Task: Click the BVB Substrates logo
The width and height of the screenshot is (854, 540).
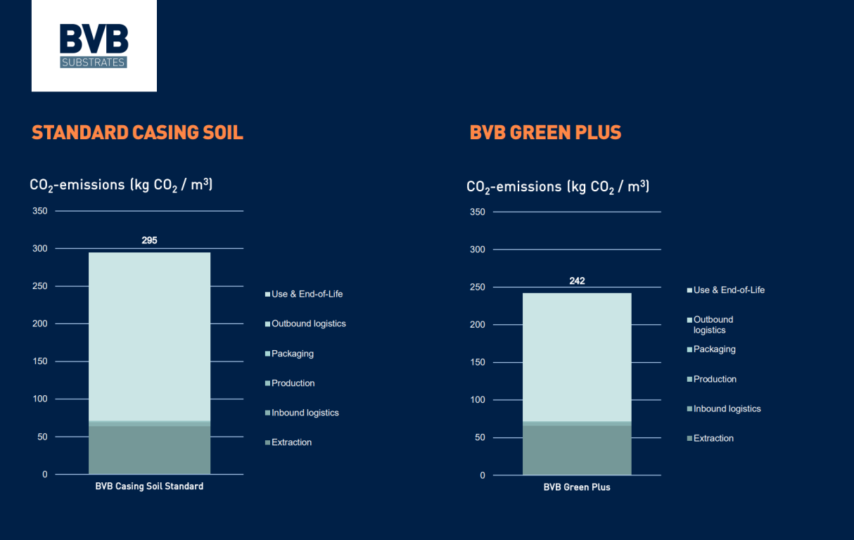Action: (x=94, y=46)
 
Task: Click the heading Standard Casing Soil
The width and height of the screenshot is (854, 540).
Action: (x=137, y=132)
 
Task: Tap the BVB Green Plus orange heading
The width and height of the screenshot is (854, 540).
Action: (x=545, y=132)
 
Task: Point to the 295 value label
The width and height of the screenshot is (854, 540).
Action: (x=149, y=240)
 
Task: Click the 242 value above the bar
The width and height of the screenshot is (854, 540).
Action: (x=577, y=281)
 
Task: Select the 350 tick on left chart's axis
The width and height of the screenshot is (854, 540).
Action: (x=40, y=211)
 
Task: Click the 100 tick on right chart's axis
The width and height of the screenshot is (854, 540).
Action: (x=478, y=400)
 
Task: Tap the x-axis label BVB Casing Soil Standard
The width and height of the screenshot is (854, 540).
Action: (x=149, y=487)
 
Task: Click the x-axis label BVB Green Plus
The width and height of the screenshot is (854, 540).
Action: (x=577, y=487)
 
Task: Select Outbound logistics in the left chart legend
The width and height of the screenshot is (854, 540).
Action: (x=308, y=323)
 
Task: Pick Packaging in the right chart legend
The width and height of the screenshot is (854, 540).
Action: (x=714, y=349)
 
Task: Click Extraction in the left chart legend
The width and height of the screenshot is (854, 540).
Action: (x=291, y=442)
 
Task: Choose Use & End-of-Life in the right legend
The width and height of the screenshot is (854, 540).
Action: (x=729, y=290)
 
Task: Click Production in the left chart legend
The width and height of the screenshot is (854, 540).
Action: (x=293, y=383)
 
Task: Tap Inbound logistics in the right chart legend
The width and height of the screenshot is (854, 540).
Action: (x=727, y=409)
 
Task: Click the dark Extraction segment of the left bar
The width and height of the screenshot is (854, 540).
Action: (x=149, y=450)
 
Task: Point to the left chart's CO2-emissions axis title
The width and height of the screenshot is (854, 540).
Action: (x=121, y=185)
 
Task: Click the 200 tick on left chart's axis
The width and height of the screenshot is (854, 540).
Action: (x=40, y=324)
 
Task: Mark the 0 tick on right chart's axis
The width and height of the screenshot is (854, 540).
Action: (x=482, y=475)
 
